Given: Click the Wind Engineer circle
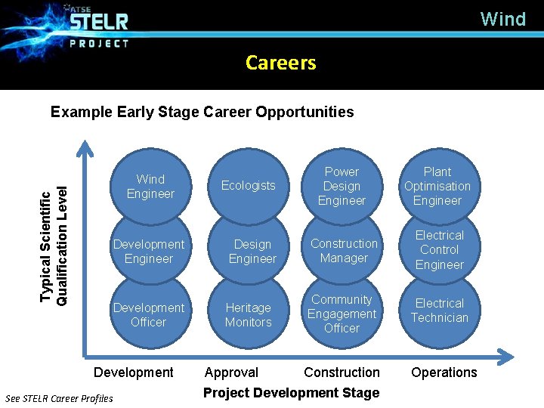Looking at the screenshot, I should click(x=150, y=187).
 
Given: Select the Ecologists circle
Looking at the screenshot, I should click(x=248, y=186).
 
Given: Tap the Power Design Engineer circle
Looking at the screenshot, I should click(x=342, y=187).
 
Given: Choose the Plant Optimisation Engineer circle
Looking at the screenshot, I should click(x=437, y=187).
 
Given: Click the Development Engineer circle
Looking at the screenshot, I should click(x=149, y=252).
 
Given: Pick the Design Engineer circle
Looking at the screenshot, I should click(x=252, y=252).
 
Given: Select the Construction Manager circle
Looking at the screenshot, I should click(x=344, y=251).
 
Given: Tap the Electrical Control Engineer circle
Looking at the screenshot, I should click(x=439, y=250).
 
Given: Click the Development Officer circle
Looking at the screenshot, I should click(x=149, y=315).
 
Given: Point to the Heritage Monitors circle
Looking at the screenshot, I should click(x=248, y=315).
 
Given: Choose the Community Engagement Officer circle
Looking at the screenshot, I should click(x=342, y=314).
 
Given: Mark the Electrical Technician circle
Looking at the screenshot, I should click(x=439, y=311).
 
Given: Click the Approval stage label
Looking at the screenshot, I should click(x=231, y=372).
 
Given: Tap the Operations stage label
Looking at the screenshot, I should click(x=444, y=372).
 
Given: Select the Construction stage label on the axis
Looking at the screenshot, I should click(x=342, y=372).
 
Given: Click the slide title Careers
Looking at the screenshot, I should click(x=280, y=63).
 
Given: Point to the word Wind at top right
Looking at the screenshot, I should click(x=502, y=19).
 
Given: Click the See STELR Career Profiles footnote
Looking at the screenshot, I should click(x=59, y=398).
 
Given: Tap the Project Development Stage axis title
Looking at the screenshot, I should click(x=291, y=393).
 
